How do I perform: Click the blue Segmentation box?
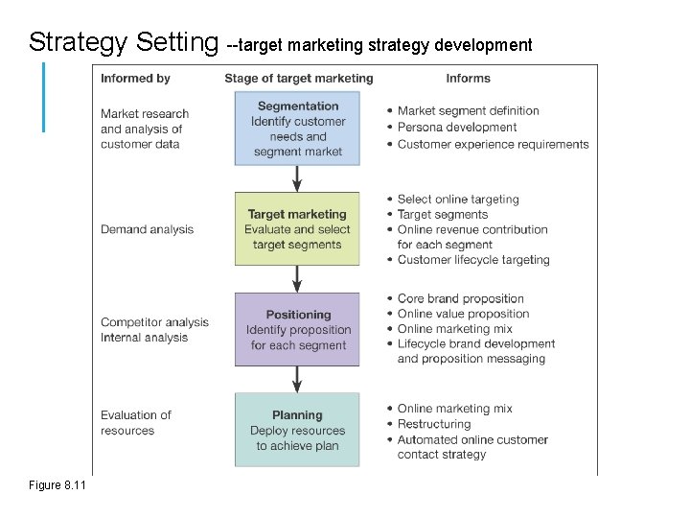(x=297, y=129)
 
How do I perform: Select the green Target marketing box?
(x=297, y=229)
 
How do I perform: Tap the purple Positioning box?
(x=297, y=329)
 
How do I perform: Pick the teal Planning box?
(x=297, y=430)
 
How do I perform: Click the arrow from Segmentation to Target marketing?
(x=297, y=177)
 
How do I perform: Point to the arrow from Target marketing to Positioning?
(x=297, y=278)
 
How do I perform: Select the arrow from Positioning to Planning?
(x=297, y=379)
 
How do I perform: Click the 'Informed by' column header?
(x=135, y=78)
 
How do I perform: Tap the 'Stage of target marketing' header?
(x=298, y=78)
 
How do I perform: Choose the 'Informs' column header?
(x=468, y=78)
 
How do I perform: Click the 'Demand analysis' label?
(x=147, y=229)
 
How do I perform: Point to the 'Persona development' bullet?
(x=457, y=128)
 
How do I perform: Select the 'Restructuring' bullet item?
(x=434, y=424)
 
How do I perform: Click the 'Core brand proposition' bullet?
(x=461, y=298)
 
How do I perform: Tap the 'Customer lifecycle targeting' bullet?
(x=473, y=260)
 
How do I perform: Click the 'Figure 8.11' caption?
(x=57, y=486)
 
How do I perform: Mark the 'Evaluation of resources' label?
(x=135, y=423)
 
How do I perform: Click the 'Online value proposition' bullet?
(x=463, y=314)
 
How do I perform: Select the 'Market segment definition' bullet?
(x=469, y=111)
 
